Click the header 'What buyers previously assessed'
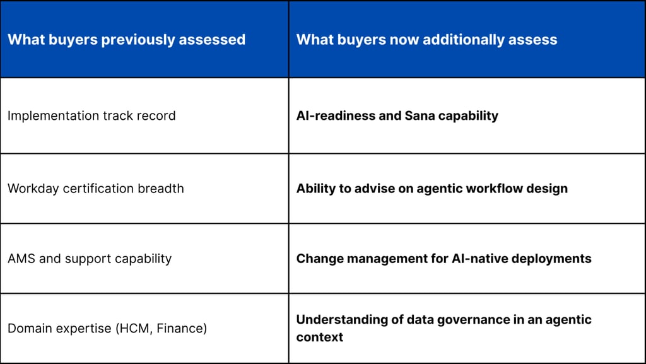(126, 40)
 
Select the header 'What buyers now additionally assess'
(426, 40)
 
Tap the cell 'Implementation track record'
(91, 116)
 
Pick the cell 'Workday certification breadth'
(95, 189)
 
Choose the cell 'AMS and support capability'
(90, 259)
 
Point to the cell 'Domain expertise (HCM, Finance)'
(107, 328)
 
